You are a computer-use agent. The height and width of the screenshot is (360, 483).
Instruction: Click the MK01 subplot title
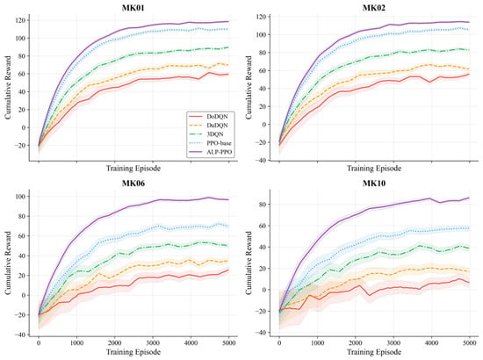click(133, 8)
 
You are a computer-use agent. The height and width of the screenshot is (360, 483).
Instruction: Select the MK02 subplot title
click(373, 8)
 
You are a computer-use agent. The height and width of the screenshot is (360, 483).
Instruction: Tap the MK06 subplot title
click(133, 184)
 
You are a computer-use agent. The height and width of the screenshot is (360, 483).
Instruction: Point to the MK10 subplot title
click(373, 184)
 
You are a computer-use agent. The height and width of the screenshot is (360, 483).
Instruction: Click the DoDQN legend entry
click(210, 117)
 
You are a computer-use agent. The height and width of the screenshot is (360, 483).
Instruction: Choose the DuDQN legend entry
click(210, 126)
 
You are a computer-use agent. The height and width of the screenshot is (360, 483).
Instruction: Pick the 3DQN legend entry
click(210, 134)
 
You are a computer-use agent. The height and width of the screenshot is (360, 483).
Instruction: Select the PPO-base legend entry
click(210, 143)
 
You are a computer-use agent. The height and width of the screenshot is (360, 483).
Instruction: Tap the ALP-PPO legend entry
click(210, 152)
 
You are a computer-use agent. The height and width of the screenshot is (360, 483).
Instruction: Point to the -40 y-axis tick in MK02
click(262, 161)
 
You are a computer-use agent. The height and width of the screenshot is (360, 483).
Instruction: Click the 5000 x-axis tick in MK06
click(229, 342)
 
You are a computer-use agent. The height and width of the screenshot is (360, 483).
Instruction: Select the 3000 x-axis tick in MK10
click(393, 342)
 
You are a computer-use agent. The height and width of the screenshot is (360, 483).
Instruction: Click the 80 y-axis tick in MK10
click(263, 205)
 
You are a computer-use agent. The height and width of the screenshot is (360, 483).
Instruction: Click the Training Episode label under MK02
click(374, 169)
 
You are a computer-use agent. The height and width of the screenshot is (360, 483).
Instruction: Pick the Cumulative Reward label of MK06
click(8, 263)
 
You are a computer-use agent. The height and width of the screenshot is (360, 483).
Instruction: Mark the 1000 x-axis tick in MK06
click(76, 342)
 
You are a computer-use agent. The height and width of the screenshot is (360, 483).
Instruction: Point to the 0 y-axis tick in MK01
click(25, 127)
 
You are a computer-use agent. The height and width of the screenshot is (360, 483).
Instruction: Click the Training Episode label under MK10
click(374, 352)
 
